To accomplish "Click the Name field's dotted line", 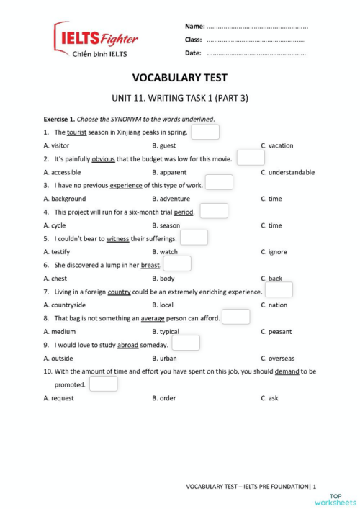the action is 258,27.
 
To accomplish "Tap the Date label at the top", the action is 193,53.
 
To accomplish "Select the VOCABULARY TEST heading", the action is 180,78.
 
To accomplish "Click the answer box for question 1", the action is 205,132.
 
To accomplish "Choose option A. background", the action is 65,199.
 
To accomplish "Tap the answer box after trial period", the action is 214,211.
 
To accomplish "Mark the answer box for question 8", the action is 236,317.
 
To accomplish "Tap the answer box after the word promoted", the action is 104,384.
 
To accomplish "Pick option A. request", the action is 59,398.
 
